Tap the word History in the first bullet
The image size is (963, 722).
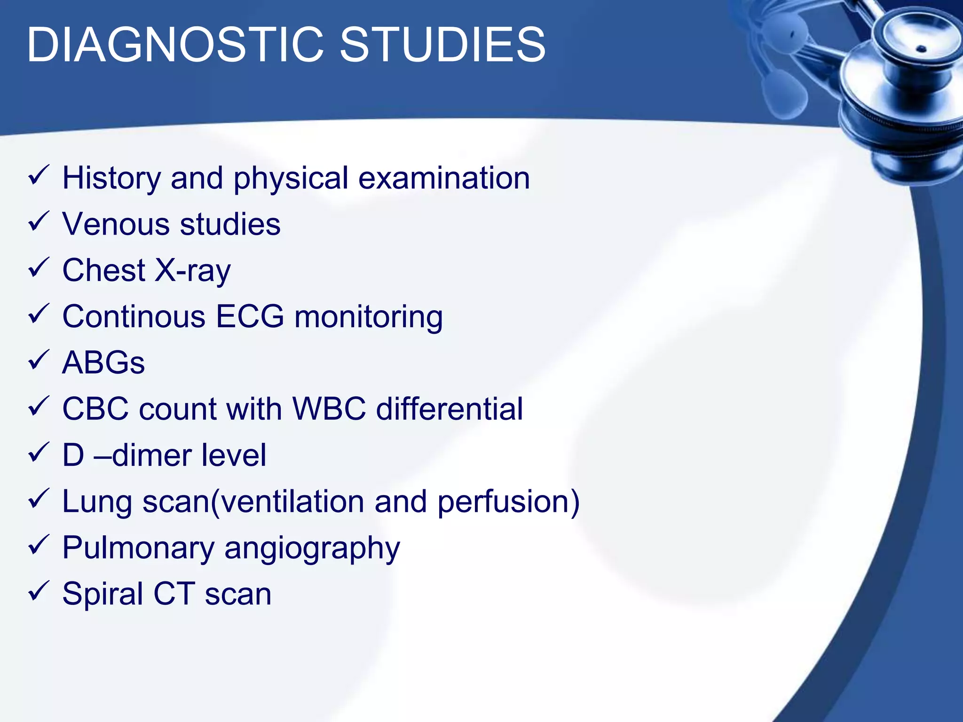[111, 178]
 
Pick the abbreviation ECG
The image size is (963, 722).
[250, 316]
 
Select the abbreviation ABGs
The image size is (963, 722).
[103, 363]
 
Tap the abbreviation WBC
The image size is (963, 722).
[329, 408]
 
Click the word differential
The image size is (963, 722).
[450, 408]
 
